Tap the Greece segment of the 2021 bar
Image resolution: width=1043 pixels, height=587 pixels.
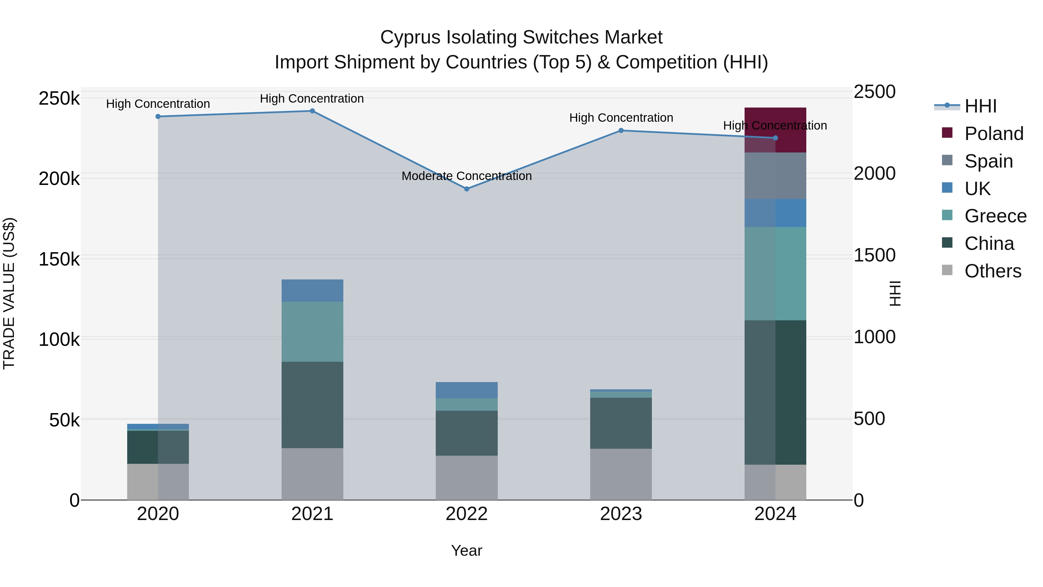coord(312,331)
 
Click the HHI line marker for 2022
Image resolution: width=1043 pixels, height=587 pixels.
coord(466,189)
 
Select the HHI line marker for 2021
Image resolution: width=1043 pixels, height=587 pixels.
coord(312,111)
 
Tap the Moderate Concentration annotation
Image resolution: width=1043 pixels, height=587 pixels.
coord(466,176)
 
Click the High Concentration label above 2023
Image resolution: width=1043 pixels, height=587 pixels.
coord(621,118)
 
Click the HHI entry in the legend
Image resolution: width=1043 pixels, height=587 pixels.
coord(980,106)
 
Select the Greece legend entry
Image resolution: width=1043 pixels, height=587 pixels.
coord(995,216)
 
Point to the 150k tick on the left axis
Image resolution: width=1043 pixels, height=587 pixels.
coord(59,259)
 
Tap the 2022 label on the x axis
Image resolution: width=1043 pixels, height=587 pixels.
coord(466,514)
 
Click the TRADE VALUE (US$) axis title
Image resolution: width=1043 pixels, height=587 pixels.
coord(9,293)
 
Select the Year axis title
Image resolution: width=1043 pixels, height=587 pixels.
coord(466,550)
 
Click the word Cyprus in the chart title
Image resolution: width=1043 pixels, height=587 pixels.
coord(410,37)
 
